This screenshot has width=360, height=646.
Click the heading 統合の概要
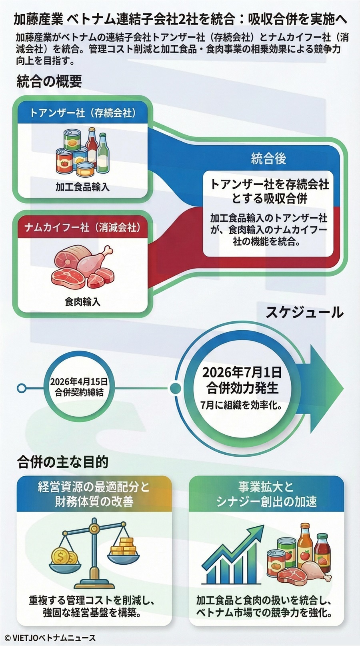[49, 81]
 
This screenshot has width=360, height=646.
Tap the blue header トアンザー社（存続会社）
[83, 113]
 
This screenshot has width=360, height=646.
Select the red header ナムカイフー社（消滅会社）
[83, 228]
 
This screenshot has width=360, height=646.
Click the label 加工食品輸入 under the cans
[82, 187]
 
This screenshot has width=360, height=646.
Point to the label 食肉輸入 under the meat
[82, 301]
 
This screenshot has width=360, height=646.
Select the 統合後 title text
[268, 159]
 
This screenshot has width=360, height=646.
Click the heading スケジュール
[304, 312]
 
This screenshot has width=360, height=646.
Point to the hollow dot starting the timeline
[22, 388]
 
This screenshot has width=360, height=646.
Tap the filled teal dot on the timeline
[175, 388]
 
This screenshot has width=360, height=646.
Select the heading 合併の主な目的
[63, 462]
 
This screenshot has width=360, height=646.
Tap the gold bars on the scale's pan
[122, 547]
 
